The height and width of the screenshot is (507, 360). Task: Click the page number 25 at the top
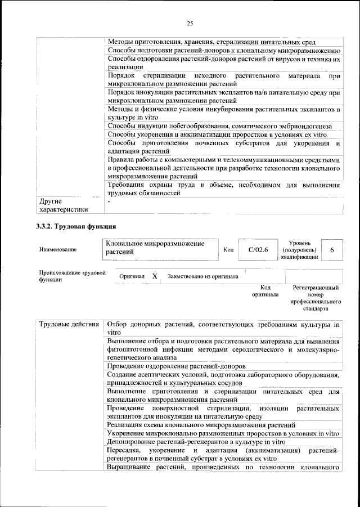(190, 23)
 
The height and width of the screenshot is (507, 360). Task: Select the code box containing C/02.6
(258, 249)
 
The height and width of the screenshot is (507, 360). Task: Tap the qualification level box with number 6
(332, 249)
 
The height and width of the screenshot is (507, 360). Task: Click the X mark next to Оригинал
(155, 276)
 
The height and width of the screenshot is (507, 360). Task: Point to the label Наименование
(58, 249)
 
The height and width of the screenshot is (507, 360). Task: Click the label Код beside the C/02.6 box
(228, 249)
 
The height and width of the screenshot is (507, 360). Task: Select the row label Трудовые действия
(69, 325)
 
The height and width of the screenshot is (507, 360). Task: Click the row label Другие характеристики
(63, 205)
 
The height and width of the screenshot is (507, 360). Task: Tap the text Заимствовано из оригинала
(202, 276)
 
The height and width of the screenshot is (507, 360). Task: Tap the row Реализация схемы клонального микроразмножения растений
(201, 424)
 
